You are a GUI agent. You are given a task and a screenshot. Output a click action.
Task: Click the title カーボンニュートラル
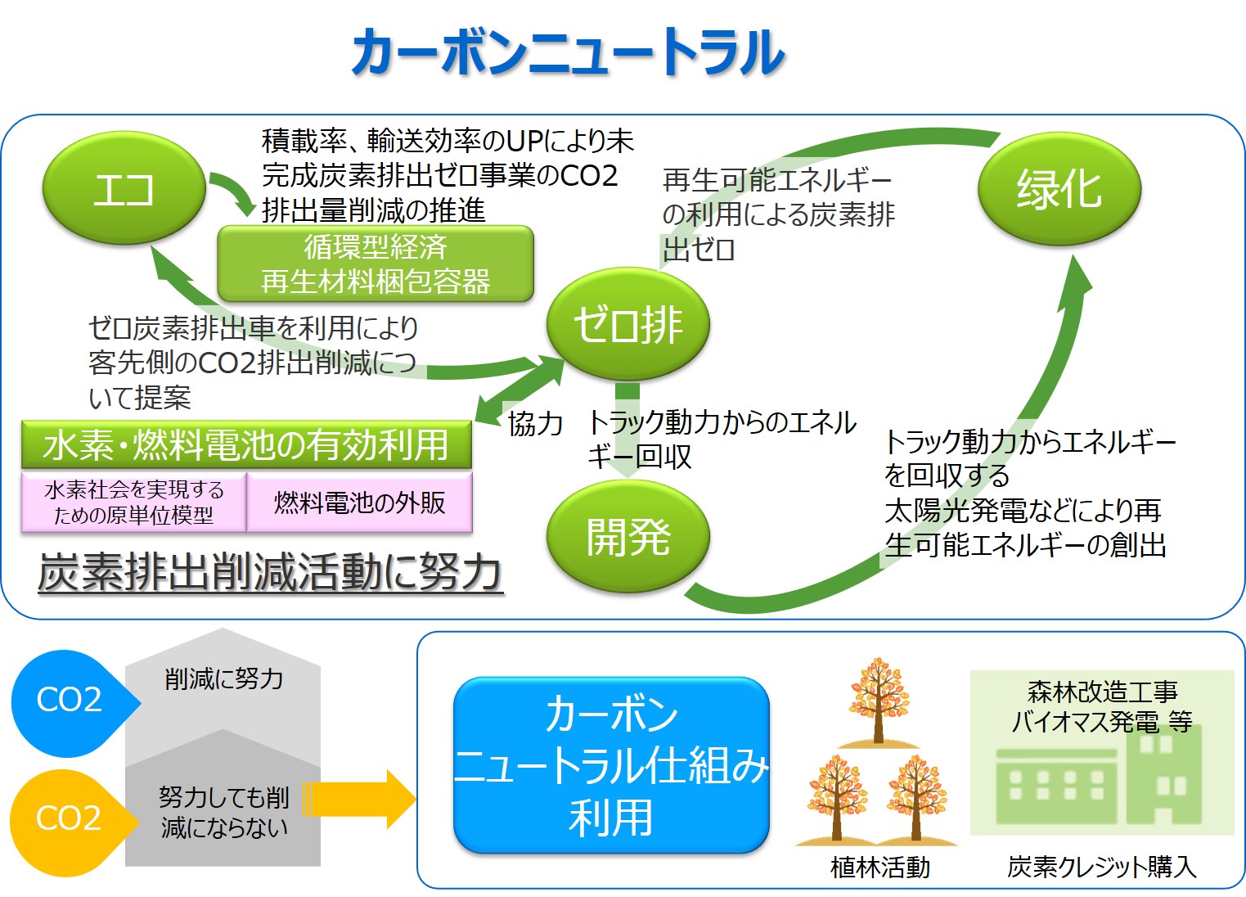568,52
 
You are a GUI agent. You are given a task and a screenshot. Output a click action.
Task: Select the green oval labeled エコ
124,189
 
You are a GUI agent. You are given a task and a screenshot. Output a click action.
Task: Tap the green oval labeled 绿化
1059,189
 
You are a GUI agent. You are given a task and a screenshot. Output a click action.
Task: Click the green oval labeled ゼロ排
627,324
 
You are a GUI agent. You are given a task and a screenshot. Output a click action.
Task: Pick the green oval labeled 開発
627,537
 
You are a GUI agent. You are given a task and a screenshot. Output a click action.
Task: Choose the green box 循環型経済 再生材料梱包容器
376,264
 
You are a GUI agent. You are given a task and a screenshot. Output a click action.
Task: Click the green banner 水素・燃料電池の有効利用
246,445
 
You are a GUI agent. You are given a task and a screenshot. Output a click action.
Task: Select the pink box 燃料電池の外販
359,503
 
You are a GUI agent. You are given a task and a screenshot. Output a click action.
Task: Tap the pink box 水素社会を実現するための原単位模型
133,503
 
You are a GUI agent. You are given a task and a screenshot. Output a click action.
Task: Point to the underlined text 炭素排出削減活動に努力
270,572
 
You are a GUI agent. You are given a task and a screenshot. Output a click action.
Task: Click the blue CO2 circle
69,701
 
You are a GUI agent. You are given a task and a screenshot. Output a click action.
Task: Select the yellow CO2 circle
69,818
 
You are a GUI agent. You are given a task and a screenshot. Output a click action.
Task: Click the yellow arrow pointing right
360,799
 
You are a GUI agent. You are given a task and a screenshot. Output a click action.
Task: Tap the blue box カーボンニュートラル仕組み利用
611,766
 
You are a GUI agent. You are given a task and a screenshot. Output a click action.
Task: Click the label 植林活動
880,867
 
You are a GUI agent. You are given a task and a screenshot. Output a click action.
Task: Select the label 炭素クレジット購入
1101,867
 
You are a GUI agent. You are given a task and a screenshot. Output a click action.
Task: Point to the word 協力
535,424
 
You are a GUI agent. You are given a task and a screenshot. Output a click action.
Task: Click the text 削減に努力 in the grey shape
223,678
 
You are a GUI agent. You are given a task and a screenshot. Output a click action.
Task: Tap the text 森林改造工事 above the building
1102,692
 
